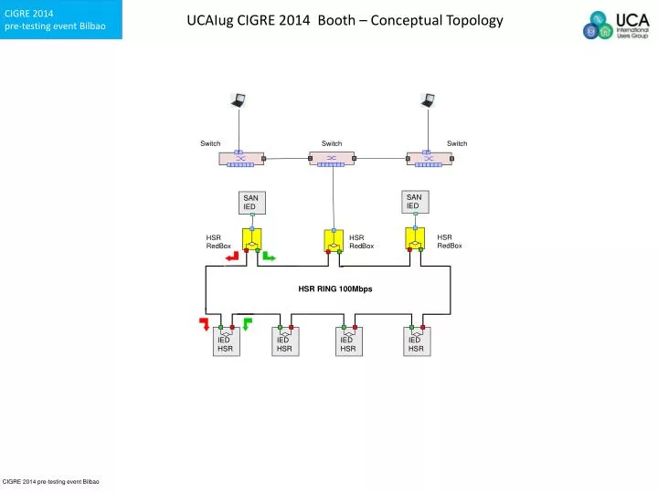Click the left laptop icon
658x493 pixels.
(238, 101)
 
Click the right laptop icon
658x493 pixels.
(427, 101)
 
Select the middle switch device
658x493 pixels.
(331, 159)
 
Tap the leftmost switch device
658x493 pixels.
(240, 159)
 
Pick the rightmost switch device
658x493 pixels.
(426, 159)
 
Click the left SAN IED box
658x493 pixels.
(251, 203)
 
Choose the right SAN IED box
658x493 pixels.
(415, 201)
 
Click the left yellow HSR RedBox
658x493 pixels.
(252, 239)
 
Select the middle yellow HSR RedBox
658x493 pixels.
(334, 241)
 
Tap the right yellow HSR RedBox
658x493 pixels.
(415, 238)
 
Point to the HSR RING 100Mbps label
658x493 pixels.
(334, 288)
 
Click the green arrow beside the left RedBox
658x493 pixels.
(270, 257)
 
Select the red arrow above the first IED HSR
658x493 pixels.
(205, 322)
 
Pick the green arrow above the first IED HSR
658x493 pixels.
(247, 322)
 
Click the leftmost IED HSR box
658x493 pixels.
(225, 342)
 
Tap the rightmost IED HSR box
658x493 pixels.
(416, 342)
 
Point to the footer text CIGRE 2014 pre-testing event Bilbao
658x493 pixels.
(51, 480)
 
